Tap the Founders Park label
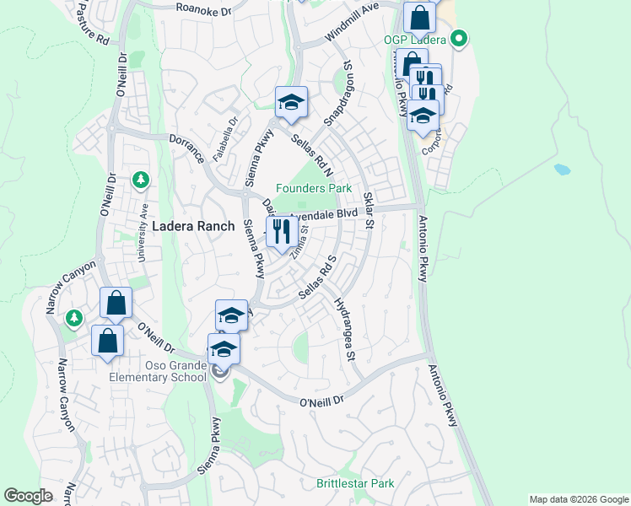(x=315, y=189)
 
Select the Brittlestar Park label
(x=355, y=484)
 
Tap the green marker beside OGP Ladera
(x=459, y=38)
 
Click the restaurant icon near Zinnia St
(x=281, y=231)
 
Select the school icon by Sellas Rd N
(x=291, y=103)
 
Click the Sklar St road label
(x=368, y=210)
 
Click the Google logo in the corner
(x=28, y=496)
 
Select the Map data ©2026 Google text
(x=579, y=499)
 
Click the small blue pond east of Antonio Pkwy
(x=562, y=169)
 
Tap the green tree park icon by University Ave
(x=141, y=180)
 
